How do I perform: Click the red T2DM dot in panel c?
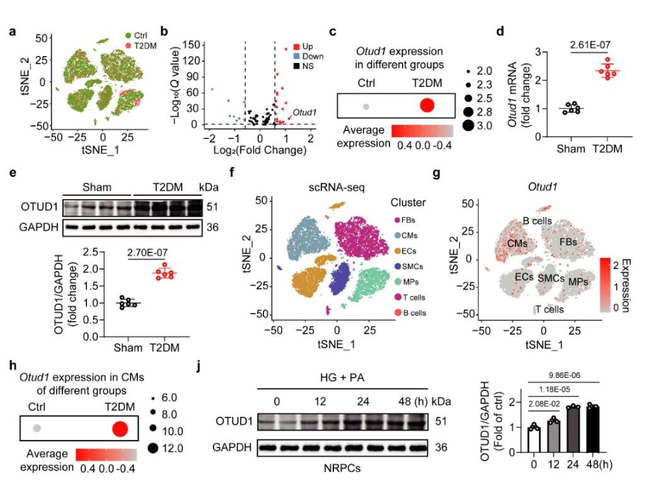(x=427, y=106)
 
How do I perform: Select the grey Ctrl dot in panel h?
(x=37, y=428)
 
